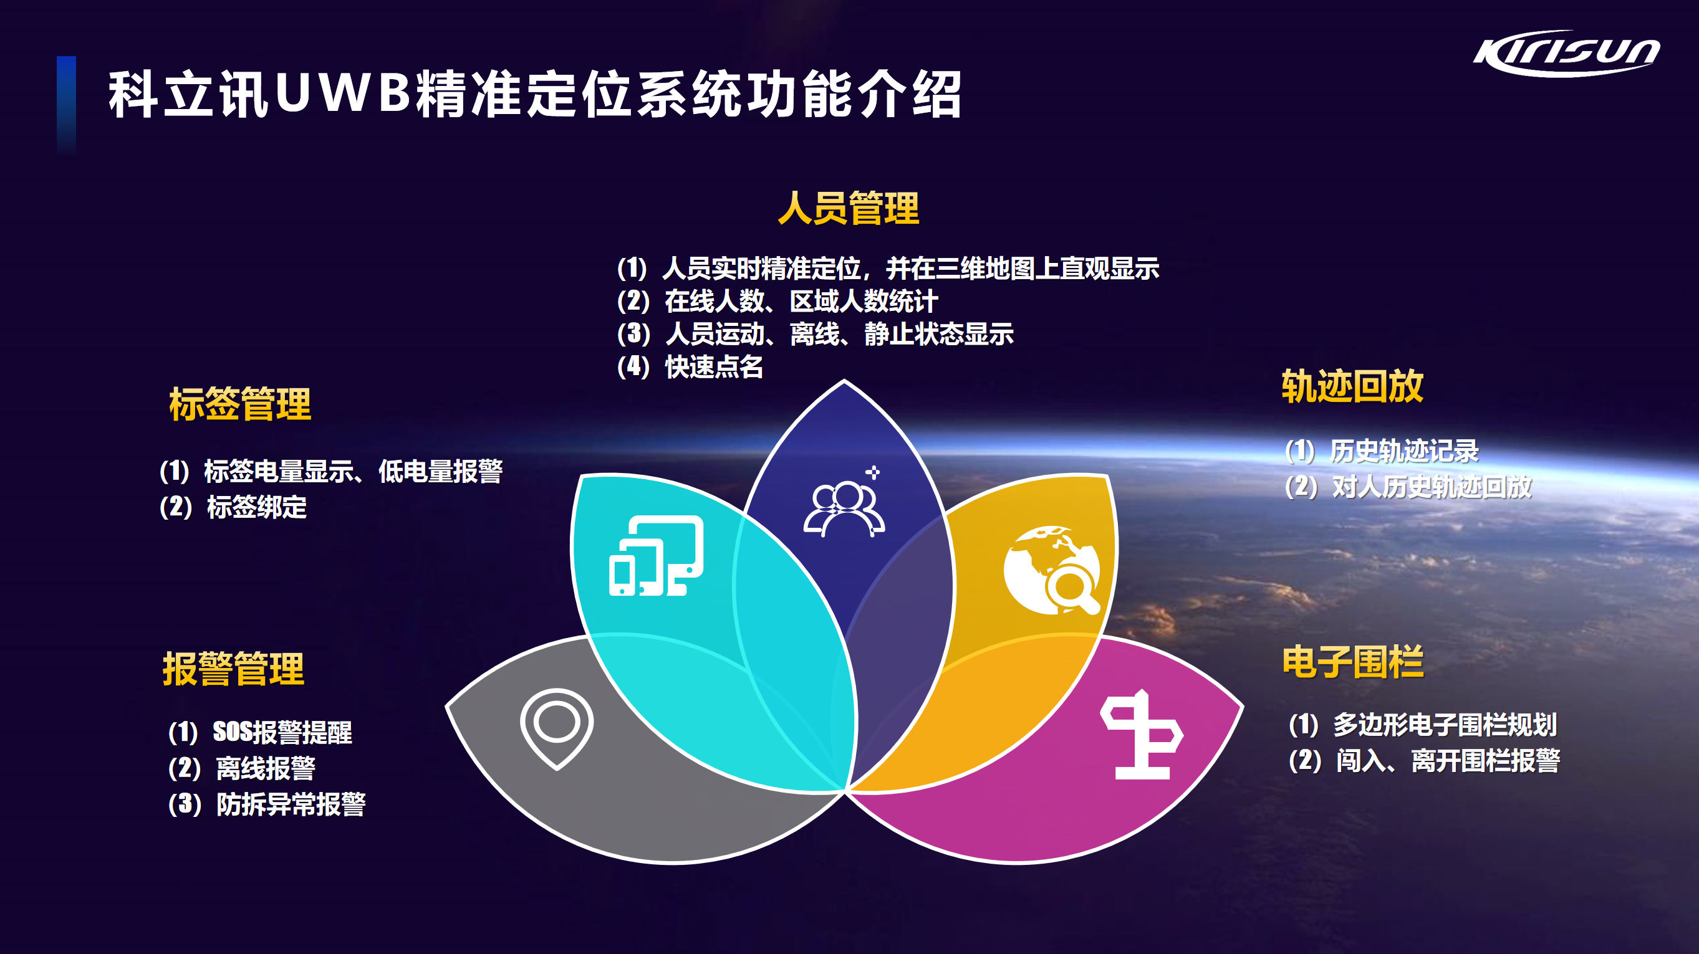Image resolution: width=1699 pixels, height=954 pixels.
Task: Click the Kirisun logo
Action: (x=1566, y=54)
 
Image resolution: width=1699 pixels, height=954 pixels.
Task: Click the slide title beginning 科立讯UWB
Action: (x=535, y=94)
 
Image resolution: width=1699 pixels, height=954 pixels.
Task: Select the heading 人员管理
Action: (x=848, y=208)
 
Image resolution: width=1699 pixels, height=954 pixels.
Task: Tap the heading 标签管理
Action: (x=240, y=404)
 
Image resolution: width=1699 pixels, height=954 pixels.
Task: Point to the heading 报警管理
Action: (x=233, y=669)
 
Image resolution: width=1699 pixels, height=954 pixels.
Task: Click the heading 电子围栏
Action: (x=1353, y=662)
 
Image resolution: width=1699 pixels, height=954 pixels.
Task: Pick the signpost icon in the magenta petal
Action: (x=1142, y=735)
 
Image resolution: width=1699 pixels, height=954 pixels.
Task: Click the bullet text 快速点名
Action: (x=715, y=366)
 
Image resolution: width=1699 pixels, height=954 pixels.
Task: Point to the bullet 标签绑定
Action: (x=257, y=507)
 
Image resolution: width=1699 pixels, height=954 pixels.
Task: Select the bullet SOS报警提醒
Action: (x=282, y=732)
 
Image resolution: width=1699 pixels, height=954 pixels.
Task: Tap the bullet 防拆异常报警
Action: (x=291, y=804)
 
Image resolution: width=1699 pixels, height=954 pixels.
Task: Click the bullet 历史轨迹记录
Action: (x=1404, y=451)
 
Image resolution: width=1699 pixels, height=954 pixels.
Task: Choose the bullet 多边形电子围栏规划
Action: (x=1445, y=725)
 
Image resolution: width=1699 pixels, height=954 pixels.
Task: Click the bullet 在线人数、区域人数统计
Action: (x=801, y=302)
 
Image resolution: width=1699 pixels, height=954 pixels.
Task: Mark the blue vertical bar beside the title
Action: (x=66, y=105)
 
